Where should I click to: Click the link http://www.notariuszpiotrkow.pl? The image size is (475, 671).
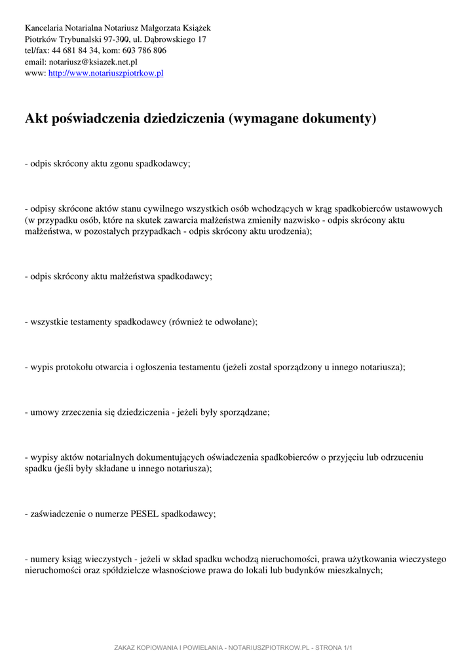point(105,73)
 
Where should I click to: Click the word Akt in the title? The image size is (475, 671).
point(35,119)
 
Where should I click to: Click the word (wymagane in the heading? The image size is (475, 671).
point(262,119)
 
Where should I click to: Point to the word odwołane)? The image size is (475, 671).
point(236,322)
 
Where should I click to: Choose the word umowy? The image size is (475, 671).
point(44,412)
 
